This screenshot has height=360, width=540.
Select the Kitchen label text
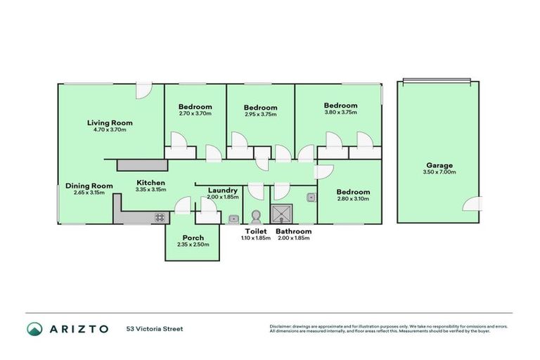(150, 183)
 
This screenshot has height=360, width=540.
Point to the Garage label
(439, 165)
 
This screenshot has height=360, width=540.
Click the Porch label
(193, 238)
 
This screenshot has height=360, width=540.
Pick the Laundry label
(223, 191)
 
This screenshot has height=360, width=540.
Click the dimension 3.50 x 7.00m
(439, 172)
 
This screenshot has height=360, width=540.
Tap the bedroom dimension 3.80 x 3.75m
(340, 112)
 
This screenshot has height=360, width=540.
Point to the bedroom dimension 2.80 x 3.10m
(352, 199)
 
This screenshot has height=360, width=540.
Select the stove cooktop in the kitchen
(160, 217)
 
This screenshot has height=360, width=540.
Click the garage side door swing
(472, 203)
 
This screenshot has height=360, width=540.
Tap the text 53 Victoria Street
(155, 328)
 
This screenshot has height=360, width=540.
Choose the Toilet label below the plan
(255, 231)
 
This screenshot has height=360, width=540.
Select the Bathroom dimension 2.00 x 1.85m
(292, 238)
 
